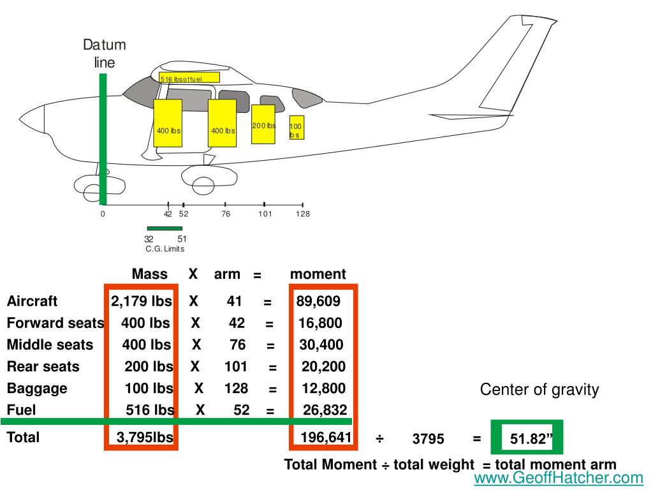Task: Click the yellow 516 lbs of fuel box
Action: (x=189, y=78)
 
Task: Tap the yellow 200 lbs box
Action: (x=263, y=124)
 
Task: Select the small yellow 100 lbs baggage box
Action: (x=296, y=127)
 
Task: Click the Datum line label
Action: (x=105, y=54)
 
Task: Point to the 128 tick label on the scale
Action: (x=302, y=214)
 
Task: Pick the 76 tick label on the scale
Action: (x=226, y=214)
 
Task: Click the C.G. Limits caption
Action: (x=165, y=249)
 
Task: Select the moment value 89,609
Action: (x=318, y=301)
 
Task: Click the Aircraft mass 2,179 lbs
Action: (x=142, y=301)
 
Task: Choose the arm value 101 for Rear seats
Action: (x=235, y=366)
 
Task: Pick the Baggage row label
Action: (x=37, y=389)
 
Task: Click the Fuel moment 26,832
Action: (x=325, y=410)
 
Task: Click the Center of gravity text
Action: (x=539, y=389)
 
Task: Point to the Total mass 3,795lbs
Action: (x=144, y=437)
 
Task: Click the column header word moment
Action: (x=318, y=274)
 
